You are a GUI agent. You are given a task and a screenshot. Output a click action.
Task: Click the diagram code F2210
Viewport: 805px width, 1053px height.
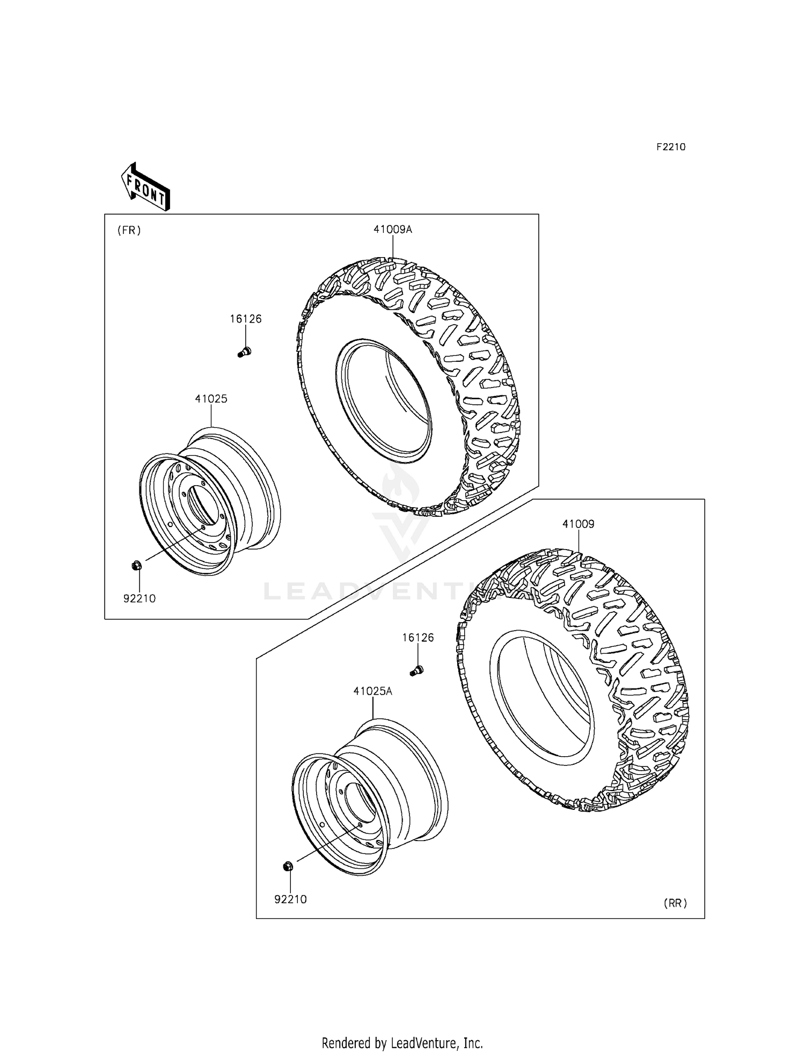[671, 147]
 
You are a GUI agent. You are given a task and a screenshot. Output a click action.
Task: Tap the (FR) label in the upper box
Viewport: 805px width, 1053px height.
[129, 230]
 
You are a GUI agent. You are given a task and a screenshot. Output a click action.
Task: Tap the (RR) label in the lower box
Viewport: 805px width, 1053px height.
[675, 903]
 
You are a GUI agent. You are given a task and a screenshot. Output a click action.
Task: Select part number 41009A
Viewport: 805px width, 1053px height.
[393, 230]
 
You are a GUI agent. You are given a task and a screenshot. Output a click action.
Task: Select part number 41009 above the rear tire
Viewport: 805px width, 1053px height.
[579, 524]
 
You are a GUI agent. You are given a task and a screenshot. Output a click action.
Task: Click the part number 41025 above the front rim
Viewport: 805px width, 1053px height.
[211, 399]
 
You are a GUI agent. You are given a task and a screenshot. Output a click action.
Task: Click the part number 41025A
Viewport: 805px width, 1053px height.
[372, 691]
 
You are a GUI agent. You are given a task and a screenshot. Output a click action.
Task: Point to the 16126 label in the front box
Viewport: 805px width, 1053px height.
[246, 319]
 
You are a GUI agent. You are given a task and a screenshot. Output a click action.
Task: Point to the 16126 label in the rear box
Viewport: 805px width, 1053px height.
[418, 638]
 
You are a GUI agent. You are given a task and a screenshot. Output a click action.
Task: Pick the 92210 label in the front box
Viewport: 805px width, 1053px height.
[140, 598]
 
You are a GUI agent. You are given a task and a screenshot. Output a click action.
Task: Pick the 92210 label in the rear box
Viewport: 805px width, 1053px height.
[290, 899]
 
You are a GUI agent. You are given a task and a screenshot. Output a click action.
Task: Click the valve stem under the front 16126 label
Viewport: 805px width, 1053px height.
[244, 352]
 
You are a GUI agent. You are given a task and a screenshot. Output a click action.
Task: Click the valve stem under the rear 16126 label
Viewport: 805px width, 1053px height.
[417, 670]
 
